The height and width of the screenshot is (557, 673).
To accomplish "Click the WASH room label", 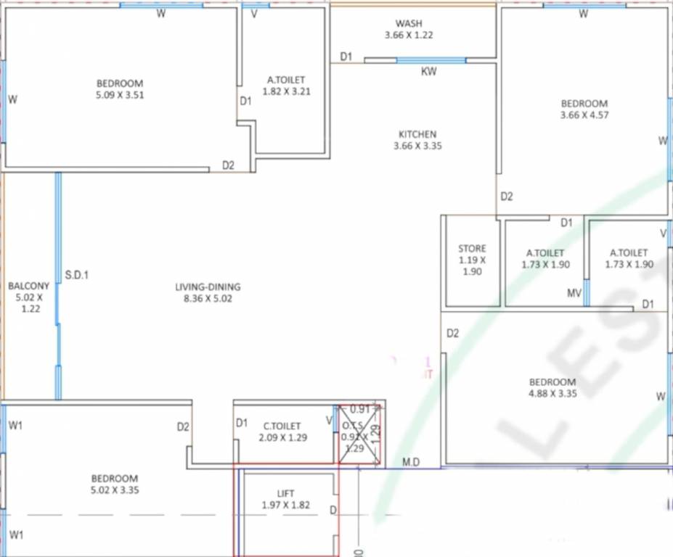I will pyautogui.click(x=409, y=24).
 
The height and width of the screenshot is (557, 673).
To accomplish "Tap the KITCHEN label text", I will pyautogui.click(x=417, y=134).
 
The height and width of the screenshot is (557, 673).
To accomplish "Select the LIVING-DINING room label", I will pyautogui.click(x=208, y=287).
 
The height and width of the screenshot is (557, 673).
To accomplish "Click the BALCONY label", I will pyautogui.click(x=29, y=286).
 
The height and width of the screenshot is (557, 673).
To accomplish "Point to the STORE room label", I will pyautogui.click(x=472, y=249).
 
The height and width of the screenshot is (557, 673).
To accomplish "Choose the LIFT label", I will pyautogui.click(x=286, y=494).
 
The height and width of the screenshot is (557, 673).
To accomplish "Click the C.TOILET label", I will pyautogui.click(x=282, y=426).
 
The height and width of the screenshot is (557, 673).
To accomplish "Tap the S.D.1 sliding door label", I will pyautogui.click(x=77, y=275).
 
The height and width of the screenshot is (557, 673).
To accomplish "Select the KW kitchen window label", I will pyautogui.click(x=429, y=72).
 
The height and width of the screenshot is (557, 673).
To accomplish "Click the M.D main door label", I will pyautogui.click(x=411, y=462).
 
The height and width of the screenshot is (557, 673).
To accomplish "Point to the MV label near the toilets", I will pyautogui.click(x=574, y=293).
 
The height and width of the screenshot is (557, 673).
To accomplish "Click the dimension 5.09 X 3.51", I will pyautogui.click(x=120, y=94).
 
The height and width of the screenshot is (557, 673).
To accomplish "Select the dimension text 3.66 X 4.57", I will pyautogui.click(x=584, y=115).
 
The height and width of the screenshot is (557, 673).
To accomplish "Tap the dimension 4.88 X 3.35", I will pyautogui.click(x=552, y=393).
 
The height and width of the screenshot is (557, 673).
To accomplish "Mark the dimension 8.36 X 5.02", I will pyautogui.click(x=208, y=298).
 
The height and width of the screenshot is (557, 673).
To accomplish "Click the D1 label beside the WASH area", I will pyautogui.click(x=346, y=57).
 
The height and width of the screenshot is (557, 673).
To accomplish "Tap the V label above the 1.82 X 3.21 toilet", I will pyautogui.click(x=254, y=14).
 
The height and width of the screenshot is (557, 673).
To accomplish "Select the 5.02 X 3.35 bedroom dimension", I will pyautogui.click(x=115, y=490).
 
